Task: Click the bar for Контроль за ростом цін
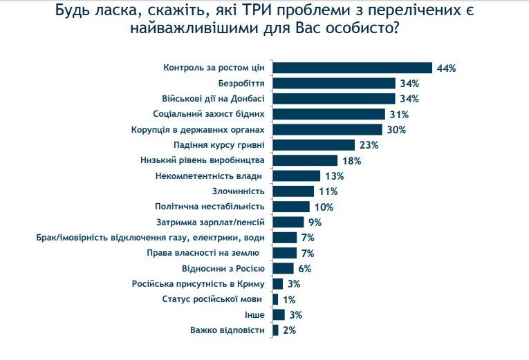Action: point(353,68)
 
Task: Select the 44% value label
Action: point(446,68)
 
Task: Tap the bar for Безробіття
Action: point(334,84)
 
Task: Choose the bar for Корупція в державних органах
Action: point(327,130)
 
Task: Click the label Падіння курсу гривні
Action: point(219,145)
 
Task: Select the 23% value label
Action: point(369,145)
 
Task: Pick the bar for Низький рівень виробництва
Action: point(305,160)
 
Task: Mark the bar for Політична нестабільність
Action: point(291,207)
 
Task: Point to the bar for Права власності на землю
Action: point(285,253)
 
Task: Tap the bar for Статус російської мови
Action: point(275,299)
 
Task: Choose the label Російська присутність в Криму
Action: point(197,284)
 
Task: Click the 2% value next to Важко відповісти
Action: point(289,330)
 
